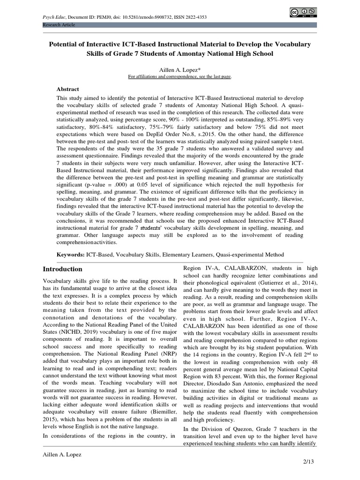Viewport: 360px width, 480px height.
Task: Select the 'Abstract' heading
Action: [68, 89]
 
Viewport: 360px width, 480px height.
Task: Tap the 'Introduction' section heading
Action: [63, 269]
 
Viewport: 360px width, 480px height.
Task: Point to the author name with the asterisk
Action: [180, 69]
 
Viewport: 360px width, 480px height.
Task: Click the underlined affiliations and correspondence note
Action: [180, 76]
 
